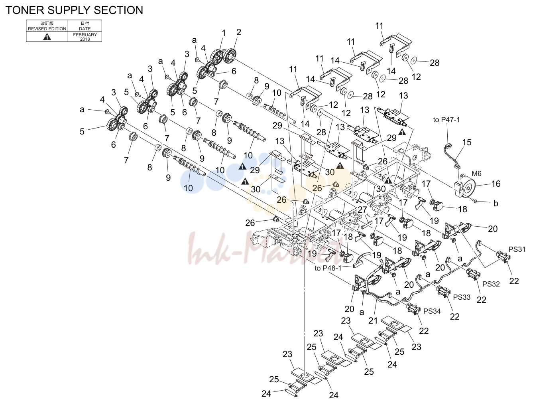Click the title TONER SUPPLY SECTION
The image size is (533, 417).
pyautogui.click(x=74, y=10)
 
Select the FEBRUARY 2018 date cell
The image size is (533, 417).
pyautogui.click(x=85, y=37)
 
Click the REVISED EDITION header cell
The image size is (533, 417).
pyautogui.click(x=47, y=26)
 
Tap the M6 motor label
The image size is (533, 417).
pyautogui.click(x=476, y=174)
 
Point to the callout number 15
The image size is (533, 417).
pyautogui.click(x=467, y=142)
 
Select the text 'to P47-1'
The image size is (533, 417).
pyautogui.click(x=446, y=120)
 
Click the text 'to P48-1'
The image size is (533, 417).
pyautogui.click(x=328, y=268)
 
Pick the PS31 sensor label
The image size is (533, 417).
pyautogui.click(x=517, y=249)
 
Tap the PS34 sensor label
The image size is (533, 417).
pyautogui.click(x=432, y=311)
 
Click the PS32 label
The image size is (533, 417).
pyautogui.click(x=491, y=284)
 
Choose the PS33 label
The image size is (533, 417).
pyautogui.click(x=462, y=297)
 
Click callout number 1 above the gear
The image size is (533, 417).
pyautogui.click(x=224, y=33)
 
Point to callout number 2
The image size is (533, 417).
pyautogui.click(x=239, y=32)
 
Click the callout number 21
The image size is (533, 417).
pyautogui.click(x=373, y=320)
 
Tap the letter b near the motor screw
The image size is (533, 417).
pyautogui.click(x=496, y=204)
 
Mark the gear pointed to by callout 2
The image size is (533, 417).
pyautogui.click(x=230, y=56)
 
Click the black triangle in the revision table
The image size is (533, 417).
pyautogui.click(x=47, y=37)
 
